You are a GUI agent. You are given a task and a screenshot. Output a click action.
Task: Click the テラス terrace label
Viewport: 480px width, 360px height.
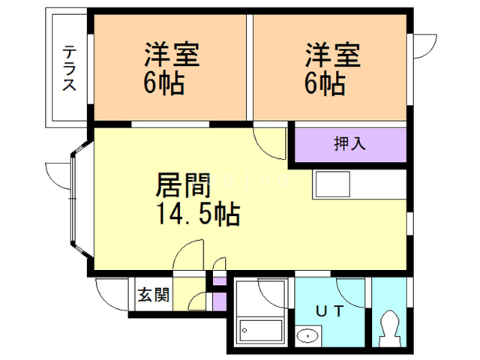click(70, 68)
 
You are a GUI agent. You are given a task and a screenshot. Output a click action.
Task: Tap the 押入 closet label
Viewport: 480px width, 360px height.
click(349, 144)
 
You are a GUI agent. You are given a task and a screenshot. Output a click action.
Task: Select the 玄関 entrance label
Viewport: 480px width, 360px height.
click(153, 295)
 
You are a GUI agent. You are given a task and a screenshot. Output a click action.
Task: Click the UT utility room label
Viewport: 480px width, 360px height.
click(330, 310)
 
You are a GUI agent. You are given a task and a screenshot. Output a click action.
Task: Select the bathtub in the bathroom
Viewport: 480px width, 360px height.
click(259, 330)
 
